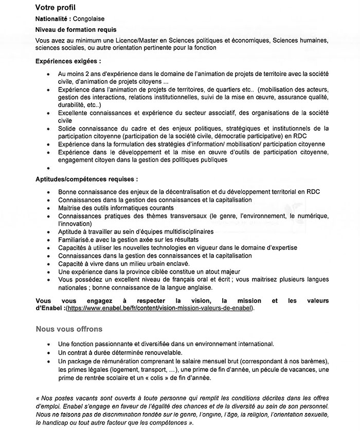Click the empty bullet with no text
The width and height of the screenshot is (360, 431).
click(x=48, y=168)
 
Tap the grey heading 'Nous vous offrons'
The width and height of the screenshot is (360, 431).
click(x=69, y=329)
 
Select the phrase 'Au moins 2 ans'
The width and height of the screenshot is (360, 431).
click(x=80, y=74)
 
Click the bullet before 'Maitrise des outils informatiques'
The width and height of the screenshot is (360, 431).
click(x=48, y=208)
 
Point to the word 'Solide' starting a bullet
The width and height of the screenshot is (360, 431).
click(x=67, y=128)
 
